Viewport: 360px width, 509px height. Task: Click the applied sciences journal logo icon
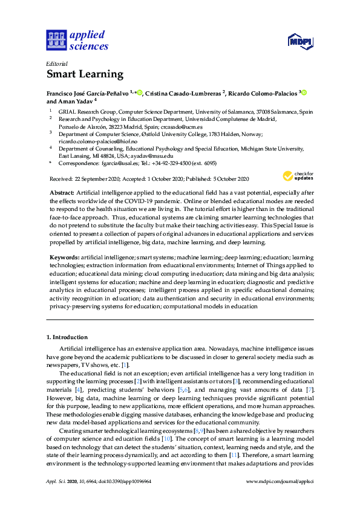[x=56, y=40]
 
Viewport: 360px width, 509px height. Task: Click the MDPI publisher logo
[x=299, y=41]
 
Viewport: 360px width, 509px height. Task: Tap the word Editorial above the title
[x=57, y=63]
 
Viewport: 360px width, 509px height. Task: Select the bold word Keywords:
[x=64, y=258]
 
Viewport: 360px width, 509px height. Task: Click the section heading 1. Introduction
[x=67, y=337]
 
